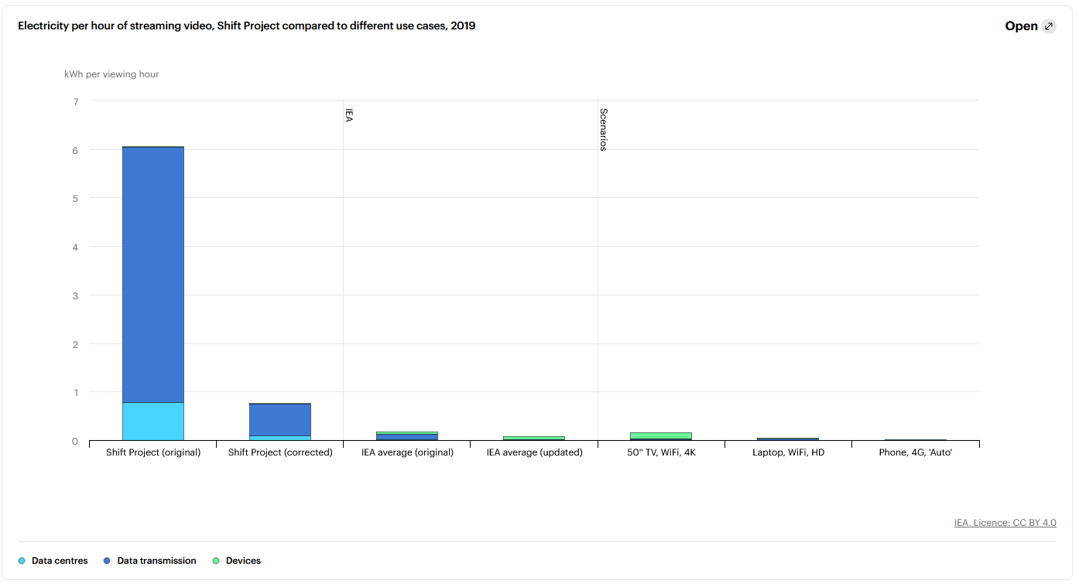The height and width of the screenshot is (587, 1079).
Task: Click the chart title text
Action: coord(246,26)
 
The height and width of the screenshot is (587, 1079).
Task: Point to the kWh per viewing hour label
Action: coord(111,74)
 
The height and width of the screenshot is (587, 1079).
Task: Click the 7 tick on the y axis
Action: coord(75,101)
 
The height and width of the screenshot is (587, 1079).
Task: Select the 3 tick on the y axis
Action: coord(75,295)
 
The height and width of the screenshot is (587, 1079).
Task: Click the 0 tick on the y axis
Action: coord(75,441)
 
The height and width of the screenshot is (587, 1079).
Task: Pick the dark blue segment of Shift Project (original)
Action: coord(153,275)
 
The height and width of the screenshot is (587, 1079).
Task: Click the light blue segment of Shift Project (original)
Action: coord(153,421)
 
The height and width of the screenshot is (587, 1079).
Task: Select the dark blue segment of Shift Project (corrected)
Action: coord(280,419)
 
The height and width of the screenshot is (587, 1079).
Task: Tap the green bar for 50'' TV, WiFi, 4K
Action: coord(661,435)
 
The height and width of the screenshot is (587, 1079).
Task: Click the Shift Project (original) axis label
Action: coord(153,452)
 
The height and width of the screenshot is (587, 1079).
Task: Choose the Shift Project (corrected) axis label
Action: coord(280,452)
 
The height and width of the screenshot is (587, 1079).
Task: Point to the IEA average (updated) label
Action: coord(534,452)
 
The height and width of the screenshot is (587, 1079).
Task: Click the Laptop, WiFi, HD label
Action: coord(788,452)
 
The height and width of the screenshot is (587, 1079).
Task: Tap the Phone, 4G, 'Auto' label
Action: coord(915,452)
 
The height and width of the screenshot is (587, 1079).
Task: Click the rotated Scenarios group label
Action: coord(603,129)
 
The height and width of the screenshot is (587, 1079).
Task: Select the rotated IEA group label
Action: coord(348,116)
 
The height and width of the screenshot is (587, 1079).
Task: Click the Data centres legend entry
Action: coord(59,561)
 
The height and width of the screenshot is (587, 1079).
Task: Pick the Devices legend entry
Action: coord(242,561)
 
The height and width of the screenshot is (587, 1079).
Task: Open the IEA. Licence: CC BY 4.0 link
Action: coord(1005,523)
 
